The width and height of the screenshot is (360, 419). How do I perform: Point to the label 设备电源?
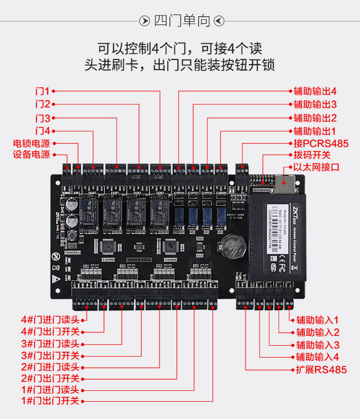pos(31,155)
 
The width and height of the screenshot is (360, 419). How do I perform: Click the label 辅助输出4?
pos(315,91)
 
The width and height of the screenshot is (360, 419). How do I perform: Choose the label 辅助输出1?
pos(315,132)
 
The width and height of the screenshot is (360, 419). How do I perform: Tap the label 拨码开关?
pos(312,155)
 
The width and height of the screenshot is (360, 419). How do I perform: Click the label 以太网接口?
pos(316,167)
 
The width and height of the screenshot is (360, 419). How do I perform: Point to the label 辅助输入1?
pos(318,320)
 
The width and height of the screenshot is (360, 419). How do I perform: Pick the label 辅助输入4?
pos(318,357)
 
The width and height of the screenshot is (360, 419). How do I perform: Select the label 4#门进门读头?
pos(50,320)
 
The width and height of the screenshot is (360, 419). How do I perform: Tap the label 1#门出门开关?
pos(50,402)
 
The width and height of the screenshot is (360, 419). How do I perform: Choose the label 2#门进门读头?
pos(50,367)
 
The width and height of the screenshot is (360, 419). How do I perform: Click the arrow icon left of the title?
pos(144,21)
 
